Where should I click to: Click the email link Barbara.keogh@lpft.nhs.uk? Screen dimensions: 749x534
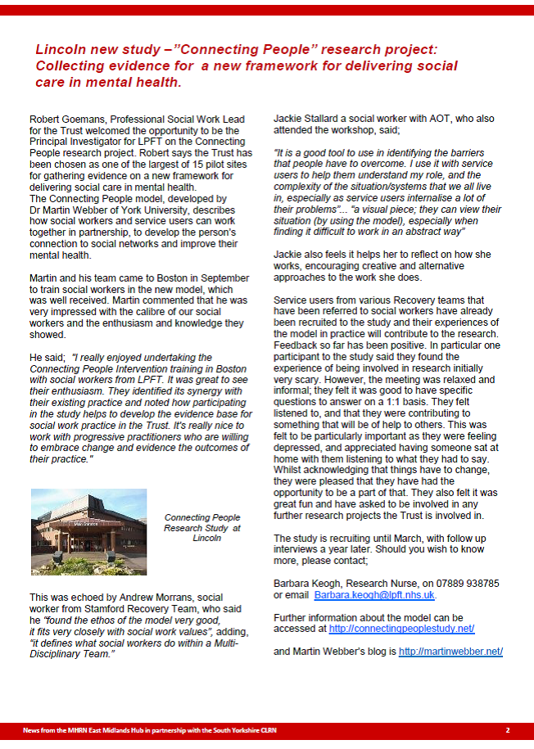tap(374, 595)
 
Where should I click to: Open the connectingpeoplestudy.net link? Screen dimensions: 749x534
tap(401, 629)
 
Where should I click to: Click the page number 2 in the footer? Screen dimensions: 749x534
tap(508, 729)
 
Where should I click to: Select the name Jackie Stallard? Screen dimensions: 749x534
tap(305, 119)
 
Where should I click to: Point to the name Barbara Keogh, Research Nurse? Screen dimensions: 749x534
tap(331, 583)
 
